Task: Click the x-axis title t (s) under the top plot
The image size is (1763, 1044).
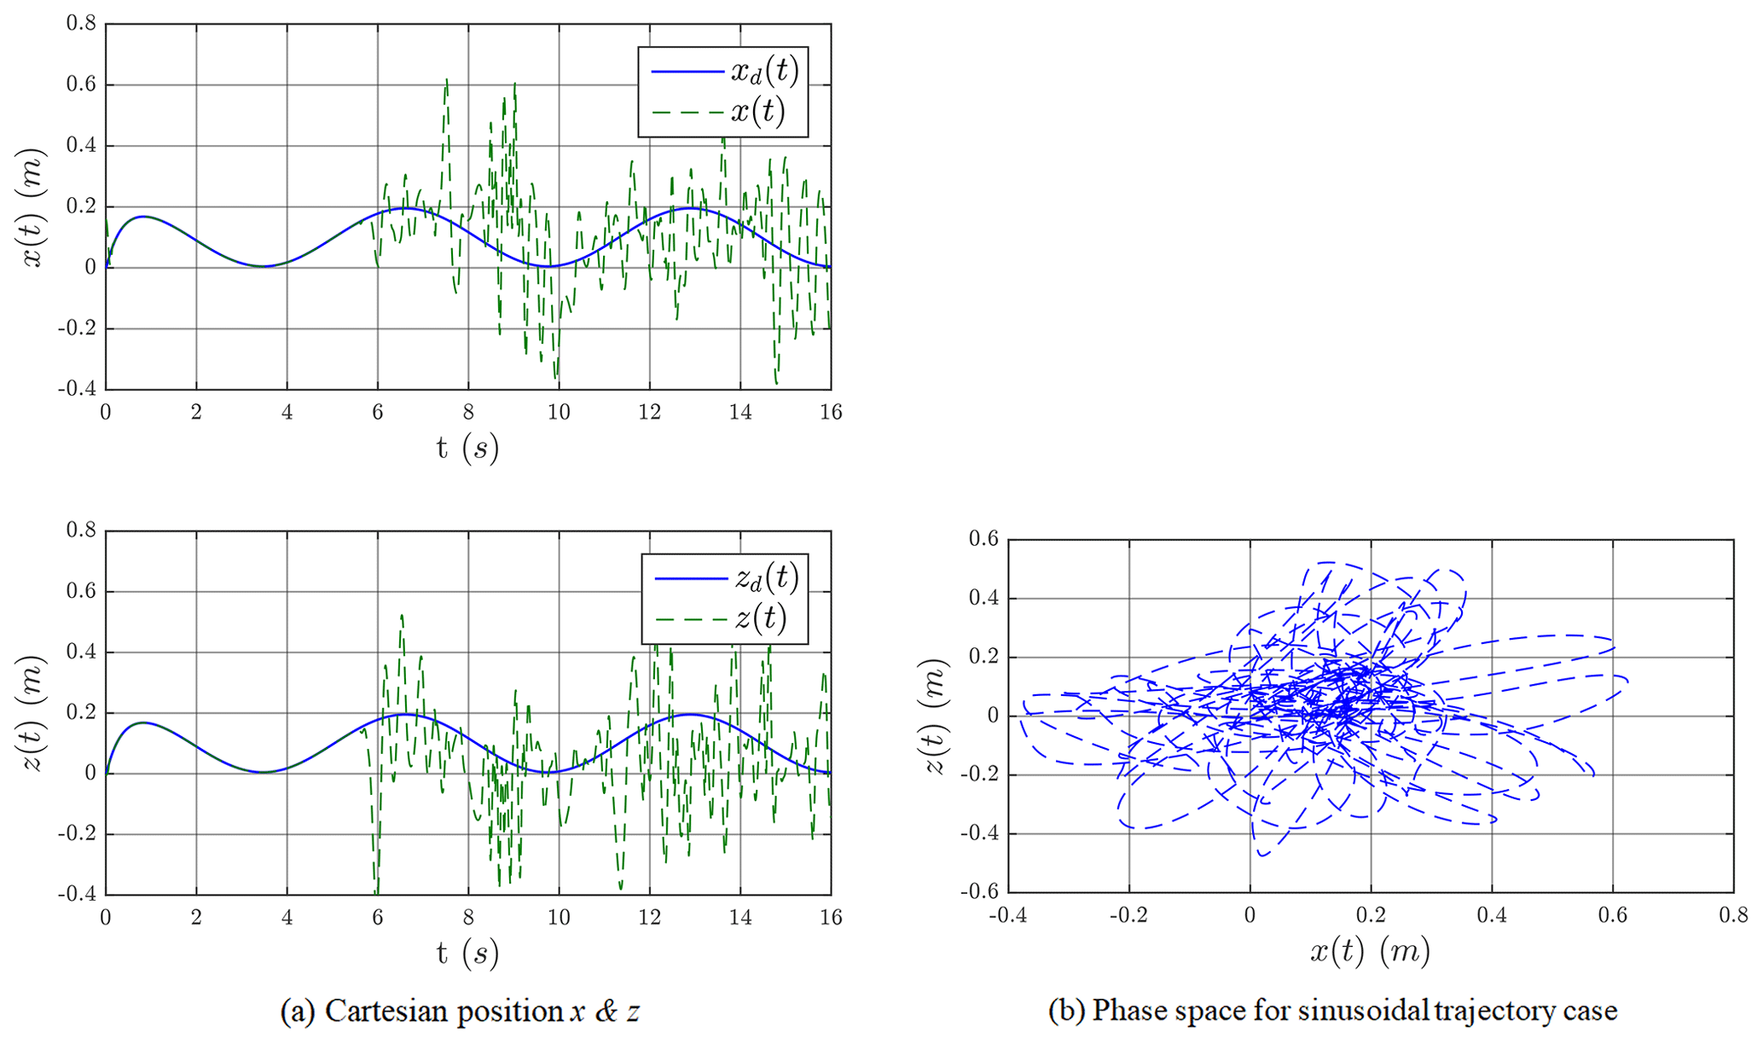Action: coord(467,448)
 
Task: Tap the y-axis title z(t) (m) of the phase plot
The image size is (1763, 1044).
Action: coord(937,716)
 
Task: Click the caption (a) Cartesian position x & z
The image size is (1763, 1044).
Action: coord(461,1012)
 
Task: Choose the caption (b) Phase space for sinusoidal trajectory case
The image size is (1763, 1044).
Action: coord(1332,1012)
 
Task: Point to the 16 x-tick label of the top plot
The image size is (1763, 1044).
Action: coord(831,413)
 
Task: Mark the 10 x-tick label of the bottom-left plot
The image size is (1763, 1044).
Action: coord(559,917)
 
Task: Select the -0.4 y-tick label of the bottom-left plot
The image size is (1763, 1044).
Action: coord(77,894)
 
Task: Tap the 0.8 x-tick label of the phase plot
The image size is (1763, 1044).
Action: coord(1733,916)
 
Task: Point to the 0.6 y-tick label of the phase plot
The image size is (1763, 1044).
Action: coord(984,539)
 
